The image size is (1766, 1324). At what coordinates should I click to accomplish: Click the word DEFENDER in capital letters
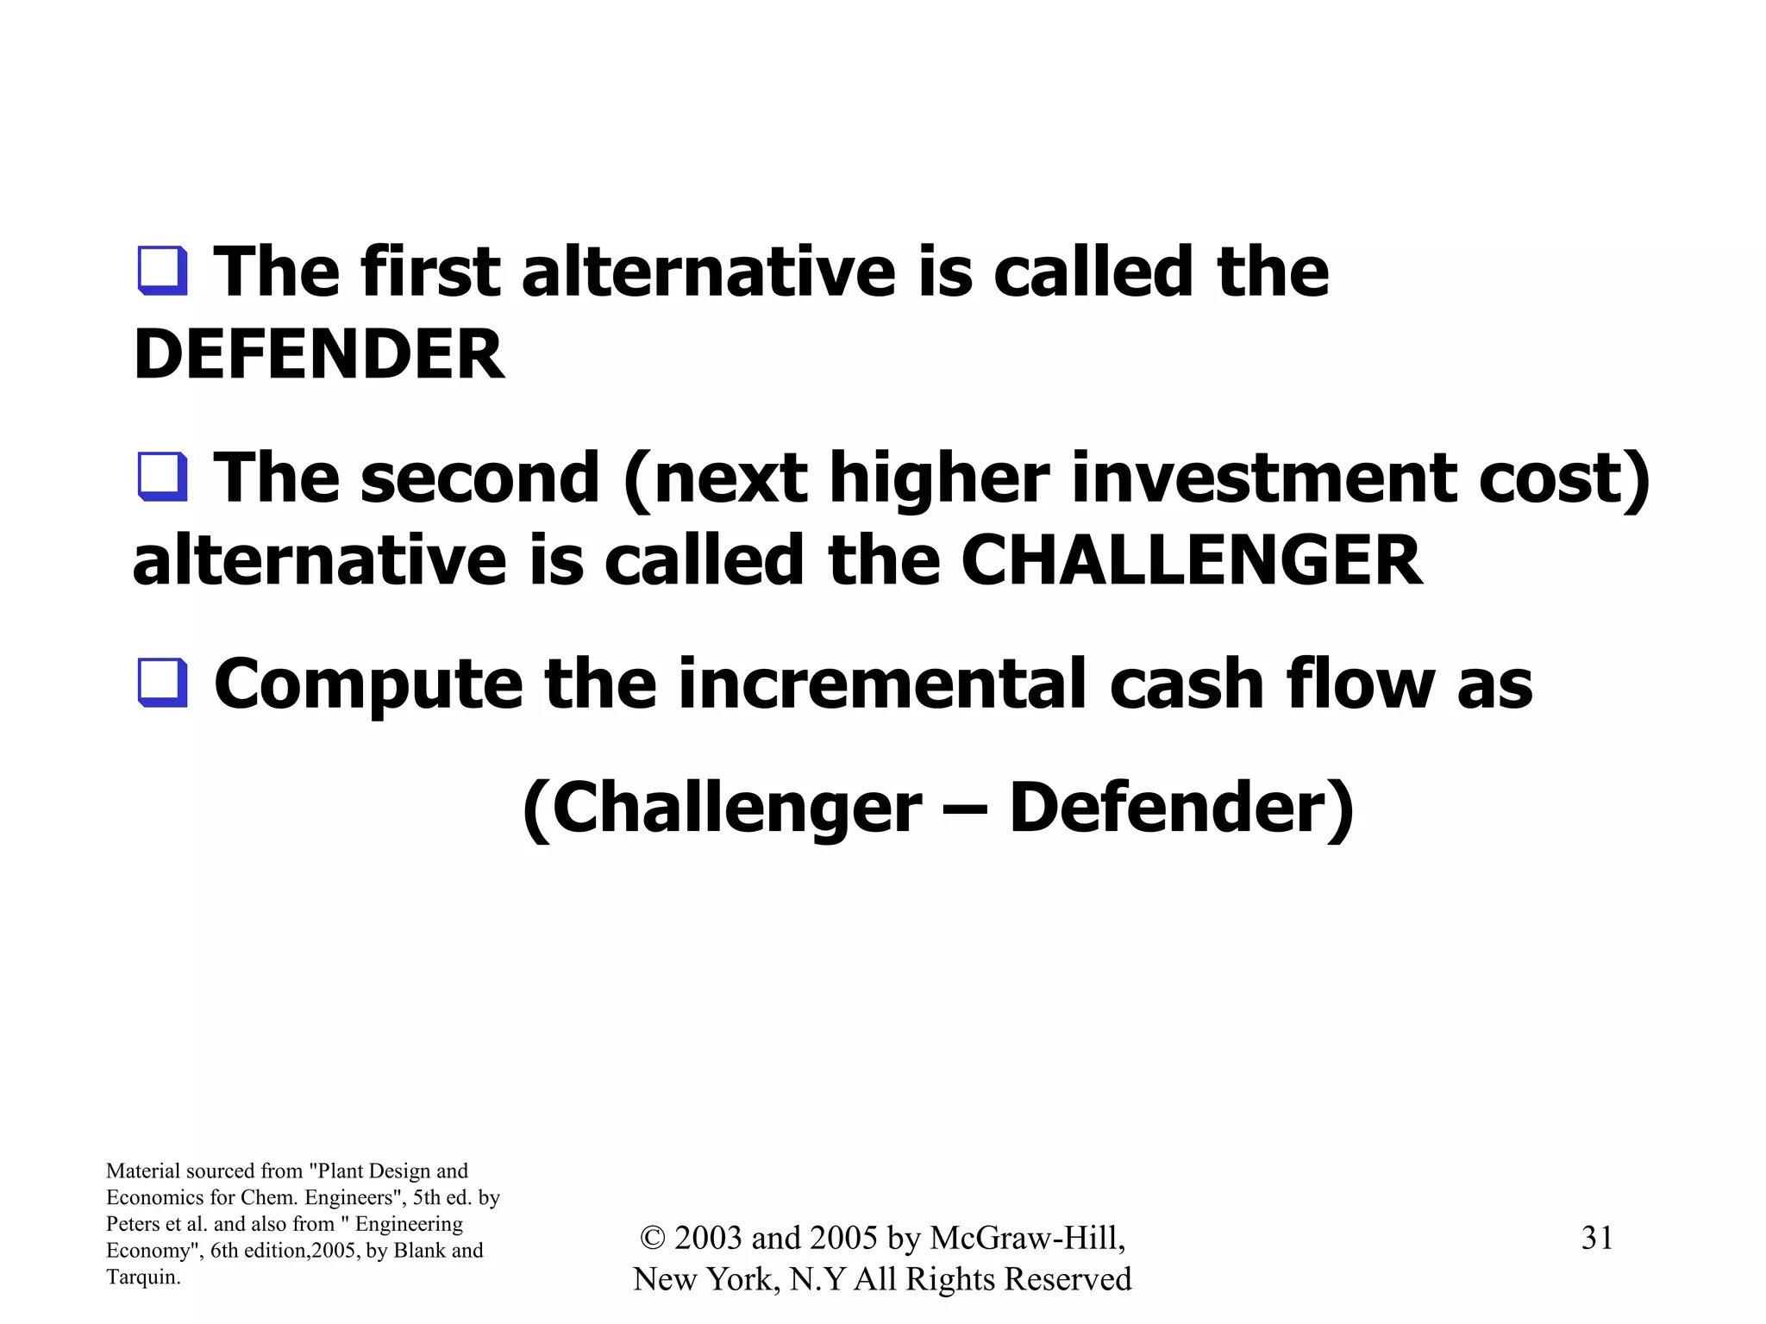(319, 354)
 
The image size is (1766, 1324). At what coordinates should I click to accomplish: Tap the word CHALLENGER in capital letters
(1191, 561)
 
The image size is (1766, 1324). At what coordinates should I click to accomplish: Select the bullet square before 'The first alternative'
(162, 272)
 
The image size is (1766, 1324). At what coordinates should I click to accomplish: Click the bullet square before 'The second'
(162, 477)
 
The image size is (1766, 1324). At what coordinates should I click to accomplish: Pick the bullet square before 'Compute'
(162, 683)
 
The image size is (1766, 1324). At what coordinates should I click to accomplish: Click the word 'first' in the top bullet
(430, 272)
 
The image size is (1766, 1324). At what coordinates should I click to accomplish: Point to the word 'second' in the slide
(479, 478)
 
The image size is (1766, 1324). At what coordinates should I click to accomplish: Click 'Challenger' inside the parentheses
(736, 809)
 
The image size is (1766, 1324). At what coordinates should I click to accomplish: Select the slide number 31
(1596, 1238)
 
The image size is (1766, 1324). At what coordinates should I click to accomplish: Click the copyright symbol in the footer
(653, 1239)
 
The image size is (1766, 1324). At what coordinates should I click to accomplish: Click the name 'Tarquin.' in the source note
(143, 1277)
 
